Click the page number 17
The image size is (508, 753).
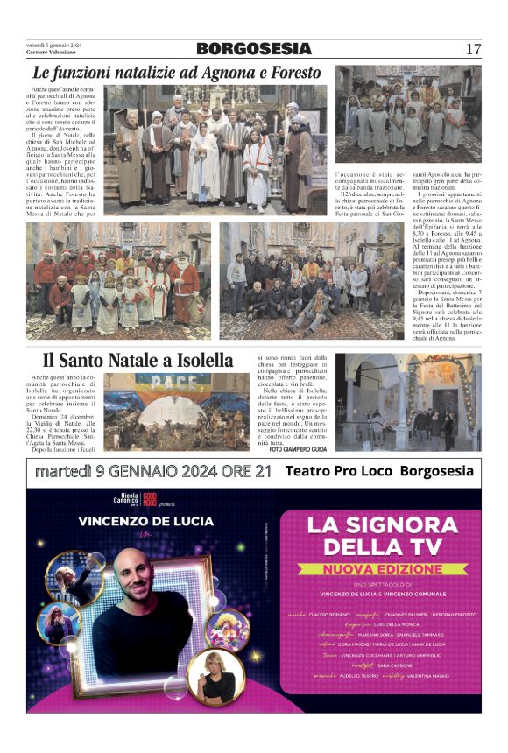[x=473, y=49]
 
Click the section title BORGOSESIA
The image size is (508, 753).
[x=253, y=49]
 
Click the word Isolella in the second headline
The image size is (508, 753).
[x=201, y=360]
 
